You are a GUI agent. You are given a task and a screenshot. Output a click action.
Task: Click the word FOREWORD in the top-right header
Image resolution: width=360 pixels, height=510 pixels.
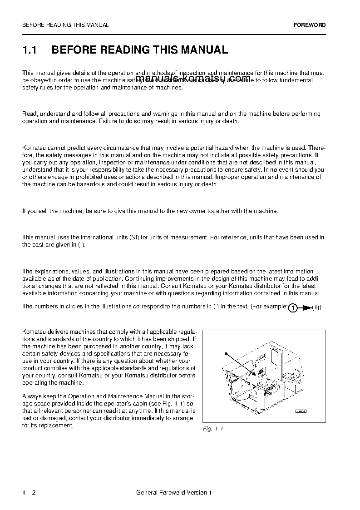pyautogui.click(x=310, y=25)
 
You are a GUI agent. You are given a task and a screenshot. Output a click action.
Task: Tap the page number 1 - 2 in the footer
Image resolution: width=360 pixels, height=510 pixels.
pyautogui.click(x=29, y=493)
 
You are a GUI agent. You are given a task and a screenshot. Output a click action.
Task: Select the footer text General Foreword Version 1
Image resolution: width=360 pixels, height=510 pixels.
pyautogui.click(x=174, y=493)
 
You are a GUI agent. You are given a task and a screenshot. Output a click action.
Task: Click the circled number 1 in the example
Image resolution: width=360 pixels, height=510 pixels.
pyautogui.click(x=293, y=308)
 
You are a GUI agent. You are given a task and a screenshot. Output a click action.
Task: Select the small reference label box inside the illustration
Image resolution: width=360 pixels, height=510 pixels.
pyautogui.click(x=301, y=411)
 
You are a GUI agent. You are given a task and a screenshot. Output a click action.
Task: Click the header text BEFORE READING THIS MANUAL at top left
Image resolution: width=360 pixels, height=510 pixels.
pyautogui.click(x=65, y=25)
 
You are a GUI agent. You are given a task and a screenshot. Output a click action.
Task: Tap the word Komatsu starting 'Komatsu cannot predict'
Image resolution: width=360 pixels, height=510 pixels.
pyautogui.click(x=33, y=148)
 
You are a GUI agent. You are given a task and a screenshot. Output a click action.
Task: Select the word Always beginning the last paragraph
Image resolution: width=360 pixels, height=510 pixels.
pyautogui.click(x=32, y=396)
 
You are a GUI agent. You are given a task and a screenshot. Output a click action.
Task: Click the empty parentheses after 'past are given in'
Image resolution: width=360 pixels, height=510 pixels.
pyautogui.click(x=81, y=244)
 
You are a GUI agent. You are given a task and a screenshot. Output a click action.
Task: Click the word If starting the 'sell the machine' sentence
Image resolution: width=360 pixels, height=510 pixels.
pyautogui.click(x=25, y=211)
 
